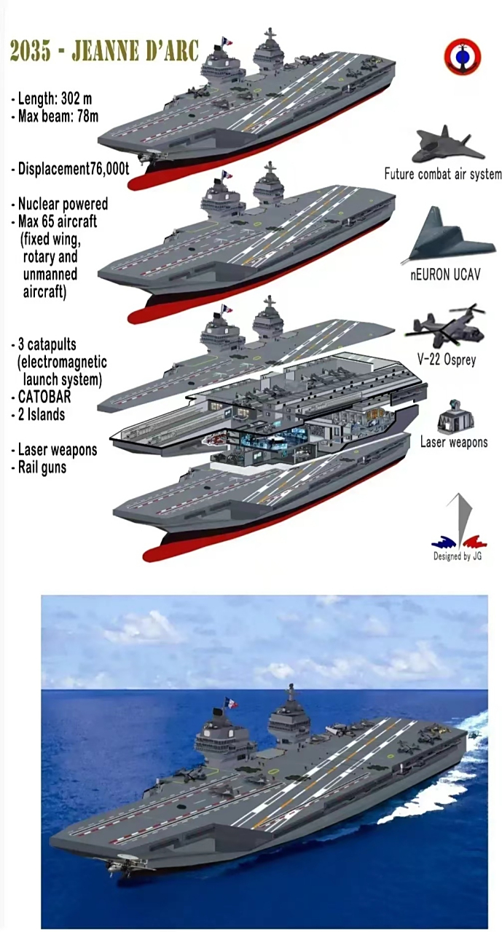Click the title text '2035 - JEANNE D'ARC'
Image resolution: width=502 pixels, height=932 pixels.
click(103, 51)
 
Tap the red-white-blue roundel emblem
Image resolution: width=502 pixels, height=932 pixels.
click(462, 58)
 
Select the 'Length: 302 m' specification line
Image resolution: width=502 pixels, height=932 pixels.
click(52, 99)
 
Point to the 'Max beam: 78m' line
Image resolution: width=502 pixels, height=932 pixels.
click(55, 116)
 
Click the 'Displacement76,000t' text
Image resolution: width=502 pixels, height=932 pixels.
click(71, 170)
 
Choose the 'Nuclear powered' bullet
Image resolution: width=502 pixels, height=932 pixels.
click(60, 204)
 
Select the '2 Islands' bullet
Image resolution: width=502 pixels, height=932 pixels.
click(39, 414)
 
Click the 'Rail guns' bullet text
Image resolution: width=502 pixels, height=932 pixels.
click(39, 467)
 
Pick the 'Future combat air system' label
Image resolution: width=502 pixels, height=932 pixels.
click(443, 173)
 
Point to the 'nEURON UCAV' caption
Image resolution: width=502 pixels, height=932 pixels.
click(445, 275)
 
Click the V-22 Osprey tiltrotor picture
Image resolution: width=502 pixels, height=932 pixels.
click(446, 325)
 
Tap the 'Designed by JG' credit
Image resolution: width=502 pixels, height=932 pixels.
click(458, 556)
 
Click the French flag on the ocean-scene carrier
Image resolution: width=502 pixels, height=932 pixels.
click(232, 703)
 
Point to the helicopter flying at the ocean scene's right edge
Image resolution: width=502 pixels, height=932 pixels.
click(474, 736)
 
